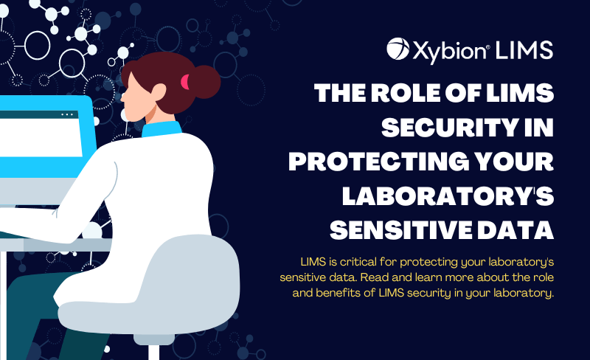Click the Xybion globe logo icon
[x=398, y=49]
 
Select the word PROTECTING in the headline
[x=379, y=162]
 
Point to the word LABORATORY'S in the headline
[x=448, y=195]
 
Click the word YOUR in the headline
[x=514, y=162]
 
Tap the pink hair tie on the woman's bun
[x=184, y=82]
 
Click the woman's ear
[x=159, y=93]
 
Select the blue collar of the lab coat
[x=162, y=129]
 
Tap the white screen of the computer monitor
[x=41, y=137]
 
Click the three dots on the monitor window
[x=67, y=114]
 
